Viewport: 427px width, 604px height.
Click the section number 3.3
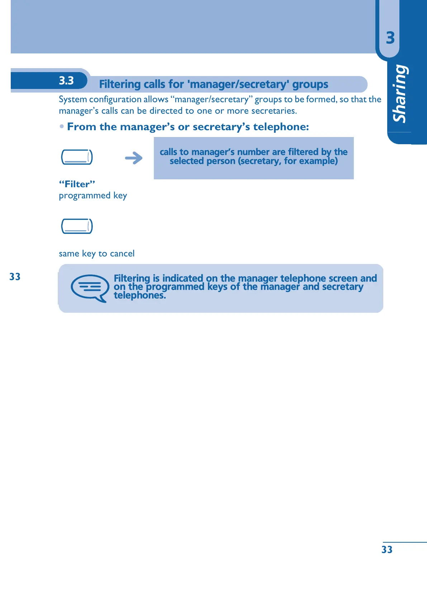tap(66, 81)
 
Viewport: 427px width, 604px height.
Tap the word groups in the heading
tap(310, 85)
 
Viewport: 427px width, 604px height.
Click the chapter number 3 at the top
tap(390, 38)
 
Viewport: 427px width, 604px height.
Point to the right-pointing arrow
tap(134, 158)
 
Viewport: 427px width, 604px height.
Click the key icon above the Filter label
tap(77, 157)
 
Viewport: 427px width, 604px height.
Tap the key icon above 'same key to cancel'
tap(77, 226)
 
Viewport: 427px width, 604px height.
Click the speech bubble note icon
tap(90, 288)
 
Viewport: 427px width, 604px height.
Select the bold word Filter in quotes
tap(77, 184)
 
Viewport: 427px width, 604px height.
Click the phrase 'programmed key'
tap(93, 195)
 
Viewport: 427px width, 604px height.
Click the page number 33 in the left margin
tap(15, 277)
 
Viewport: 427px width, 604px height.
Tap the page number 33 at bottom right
tap(387, 549)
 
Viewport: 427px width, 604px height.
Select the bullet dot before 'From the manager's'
tap(62, 127)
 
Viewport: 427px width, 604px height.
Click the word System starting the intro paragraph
tap(73, 99)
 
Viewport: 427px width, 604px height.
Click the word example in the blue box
tap(317, 161)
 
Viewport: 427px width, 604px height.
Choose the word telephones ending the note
tap(139, 295)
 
